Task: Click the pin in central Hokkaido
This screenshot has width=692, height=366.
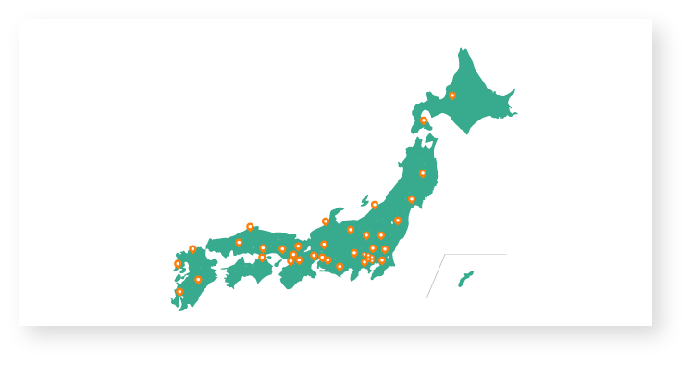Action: pyautogui.click(x=452, y=95)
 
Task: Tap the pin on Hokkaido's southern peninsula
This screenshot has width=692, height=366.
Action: pyautogui.click(x=424, y=120)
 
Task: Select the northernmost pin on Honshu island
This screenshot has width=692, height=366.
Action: pyautogui.click(x=423, y=173)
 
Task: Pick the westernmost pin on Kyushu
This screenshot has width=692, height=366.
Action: pyautogui.click(x=178, y=264)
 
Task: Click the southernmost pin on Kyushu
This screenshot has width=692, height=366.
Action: pyautogui.click(x=179, y=292)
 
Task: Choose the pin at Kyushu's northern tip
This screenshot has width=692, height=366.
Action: pyautogui.click(x=192, y=249)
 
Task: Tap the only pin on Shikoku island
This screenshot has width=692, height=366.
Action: pyautogui.click(x=262, y=258)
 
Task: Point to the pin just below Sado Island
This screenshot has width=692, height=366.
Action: pyautogui.click(x=375, y=206)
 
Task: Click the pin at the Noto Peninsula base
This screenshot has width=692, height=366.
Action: pyautogui.click(x=326, y=221)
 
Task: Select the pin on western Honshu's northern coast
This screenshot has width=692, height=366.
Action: pyautogui.click(x=250, y=227)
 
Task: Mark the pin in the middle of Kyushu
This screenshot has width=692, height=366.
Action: pyautogui.click(x=198, y=279)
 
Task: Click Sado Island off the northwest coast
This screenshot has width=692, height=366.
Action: pyautogui.click(x=365, y=199)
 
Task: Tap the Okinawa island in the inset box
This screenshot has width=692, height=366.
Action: pyautogui.click(x=465, y=278)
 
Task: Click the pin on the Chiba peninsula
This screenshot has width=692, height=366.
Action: pyautogui.click(x=382, y=260)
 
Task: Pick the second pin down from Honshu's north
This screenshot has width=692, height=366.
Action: pyautogui.click(x=412, y=199)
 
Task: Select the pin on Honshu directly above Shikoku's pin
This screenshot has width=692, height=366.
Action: pyautogui.click(x=263, y=248)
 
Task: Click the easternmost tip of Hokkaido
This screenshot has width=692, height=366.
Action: pyautogui.click(x=514, y=113)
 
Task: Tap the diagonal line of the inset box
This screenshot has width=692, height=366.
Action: pyautogui.click(x=435, y=276)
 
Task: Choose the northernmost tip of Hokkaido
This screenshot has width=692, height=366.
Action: pyautogui.click(x=461, y=50)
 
